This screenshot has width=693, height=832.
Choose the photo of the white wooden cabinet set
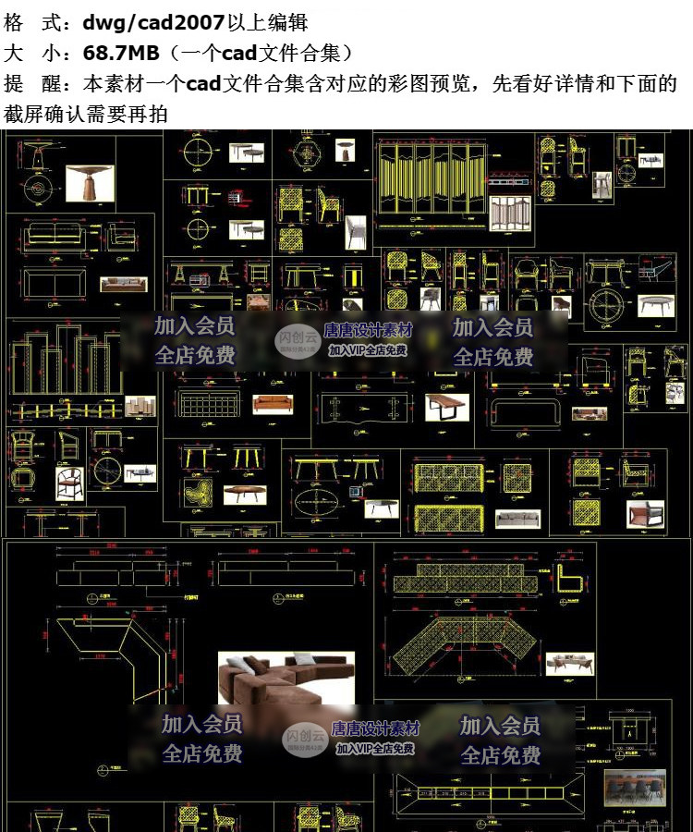click(141, 406)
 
